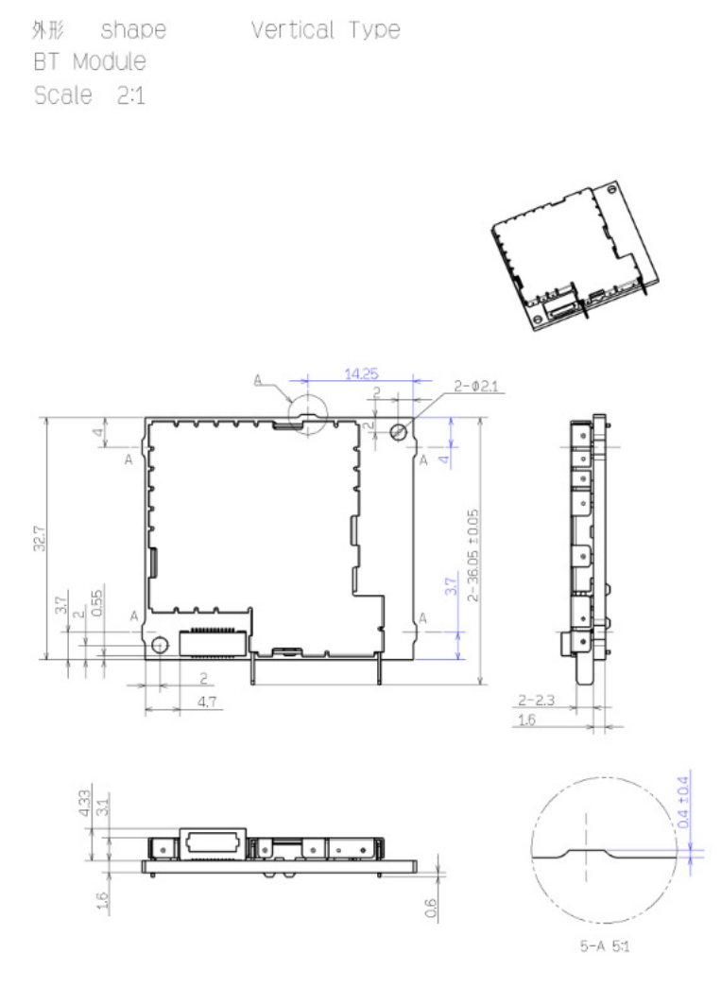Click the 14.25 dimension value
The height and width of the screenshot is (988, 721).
tap(361, 373)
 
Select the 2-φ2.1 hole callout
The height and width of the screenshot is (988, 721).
tap(476, 387)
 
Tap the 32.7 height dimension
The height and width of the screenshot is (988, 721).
tap(40, 539)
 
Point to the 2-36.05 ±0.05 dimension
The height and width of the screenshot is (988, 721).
tap(472, 555)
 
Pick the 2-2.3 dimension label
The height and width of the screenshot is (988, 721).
tap(536, 700)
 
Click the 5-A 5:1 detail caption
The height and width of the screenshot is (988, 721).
tap(604, 945)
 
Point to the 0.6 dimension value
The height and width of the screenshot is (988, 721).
tap(431, 908)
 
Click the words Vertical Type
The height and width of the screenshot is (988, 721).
tap(326, 29)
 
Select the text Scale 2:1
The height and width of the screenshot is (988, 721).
tap(90, 95)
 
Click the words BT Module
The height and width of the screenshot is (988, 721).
tap(90, 61)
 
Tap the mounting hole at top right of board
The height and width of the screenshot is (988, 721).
tap(399, 432)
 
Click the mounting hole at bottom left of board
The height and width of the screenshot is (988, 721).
tap(160, 645)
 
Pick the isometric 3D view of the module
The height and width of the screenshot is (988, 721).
tap(575, 255)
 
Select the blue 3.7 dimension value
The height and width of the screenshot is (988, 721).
tap(450, 586)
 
